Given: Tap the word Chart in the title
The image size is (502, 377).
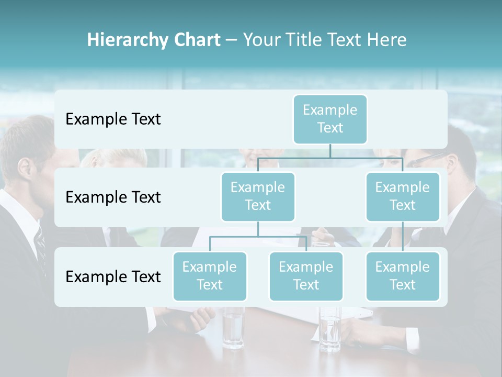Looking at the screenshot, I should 197,40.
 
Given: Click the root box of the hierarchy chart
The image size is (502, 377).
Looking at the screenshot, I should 330,119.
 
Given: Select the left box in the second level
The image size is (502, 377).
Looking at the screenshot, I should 258,196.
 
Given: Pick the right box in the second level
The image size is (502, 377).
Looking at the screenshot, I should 403,196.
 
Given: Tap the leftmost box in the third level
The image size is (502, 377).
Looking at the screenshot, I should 210,276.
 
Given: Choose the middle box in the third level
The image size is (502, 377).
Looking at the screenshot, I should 306,276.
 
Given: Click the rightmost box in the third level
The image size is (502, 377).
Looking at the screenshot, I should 403,276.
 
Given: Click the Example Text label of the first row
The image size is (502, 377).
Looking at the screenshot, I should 113,119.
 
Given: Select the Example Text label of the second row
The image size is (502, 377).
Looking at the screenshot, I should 113,197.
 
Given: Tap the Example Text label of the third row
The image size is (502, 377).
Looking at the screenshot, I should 113,276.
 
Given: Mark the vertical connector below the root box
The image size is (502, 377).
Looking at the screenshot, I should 330,151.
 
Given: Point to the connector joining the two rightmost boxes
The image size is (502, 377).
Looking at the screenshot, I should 403,237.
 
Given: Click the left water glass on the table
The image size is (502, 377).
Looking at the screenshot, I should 233,327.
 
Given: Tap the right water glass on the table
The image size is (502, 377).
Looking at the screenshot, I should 330,327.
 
